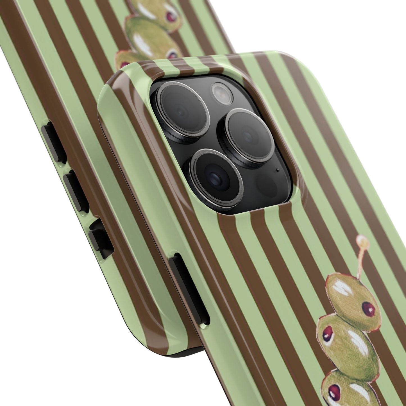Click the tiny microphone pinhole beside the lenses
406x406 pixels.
[278, 170]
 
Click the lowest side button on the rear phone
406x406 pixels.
[99, 239]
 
